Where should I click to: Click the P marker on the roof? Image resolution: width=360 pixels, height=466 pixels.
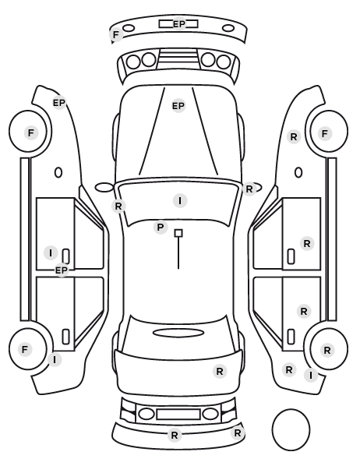point(161,228)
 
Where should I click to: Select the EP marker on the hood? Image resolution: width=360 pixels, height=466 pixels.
point(178,105)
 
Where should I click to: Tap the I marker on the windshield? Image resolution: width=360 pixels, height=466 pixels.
point(180,200)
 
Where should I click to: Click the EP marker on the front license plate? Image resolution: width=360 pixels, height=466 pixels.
point(179,24)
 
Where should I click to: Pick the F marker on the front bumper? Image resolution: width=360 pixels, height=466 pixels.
point(116,35)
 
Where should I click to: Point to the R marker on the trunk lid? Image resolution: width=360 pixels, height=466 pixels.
point(220,371)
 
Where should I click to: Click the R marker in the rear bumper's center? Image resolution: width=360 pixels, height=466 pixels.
point(175,436)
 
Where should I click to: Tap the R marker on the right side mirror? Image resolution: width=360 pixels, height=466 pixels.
point(249,189)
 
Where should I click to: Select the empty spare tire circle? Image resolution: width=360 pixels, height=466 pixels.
point(291,429)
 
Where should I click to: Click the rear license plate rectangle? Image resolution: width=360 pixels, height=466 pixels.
point(178,415)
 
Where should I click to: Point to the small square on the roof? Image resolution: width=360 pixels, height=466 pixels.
point(178,233)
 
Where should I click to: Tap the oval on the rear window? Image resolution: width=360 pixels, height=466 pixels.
point(178,333)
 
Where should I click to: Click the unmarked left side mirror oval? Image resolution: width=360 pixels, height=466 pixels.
point(104,188)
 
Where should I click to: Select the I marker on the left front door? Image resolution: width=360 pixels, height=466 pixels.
point(51,253)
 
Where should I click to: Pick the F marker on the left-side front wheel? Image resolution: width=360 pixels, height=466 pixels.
point(31,132)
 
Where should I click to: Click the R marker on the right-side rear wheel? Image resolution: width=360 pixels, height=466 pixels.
point(327,350)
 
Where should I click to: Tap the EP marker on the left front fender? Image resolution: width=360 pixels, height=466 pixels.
point(59,103)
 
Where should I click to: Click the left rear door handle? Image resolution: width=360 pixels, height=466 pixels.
point(65,337)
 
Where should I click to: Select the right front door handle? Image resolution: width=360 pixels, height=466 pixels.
point(291,256)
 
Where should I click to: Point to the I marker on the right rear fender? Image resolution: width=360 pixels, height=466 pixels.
point(311,376)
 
